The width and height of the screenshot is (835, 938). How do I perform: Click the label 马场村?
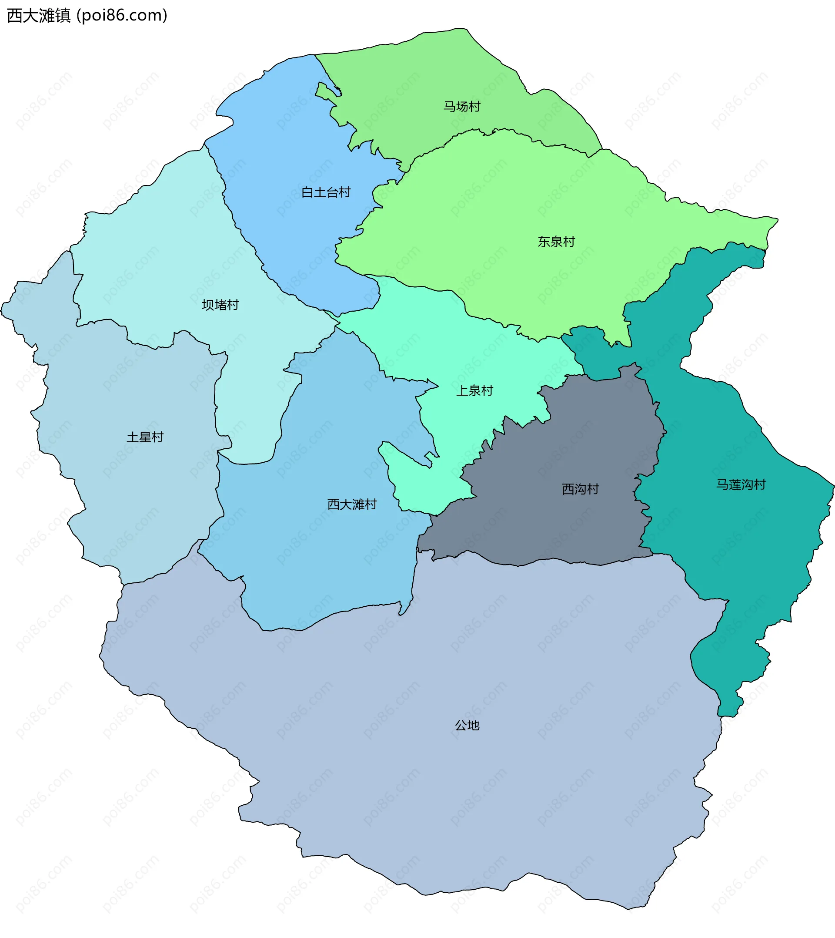(461, 107)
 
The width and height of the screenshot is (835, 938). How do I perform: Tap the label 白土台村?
(326, 192)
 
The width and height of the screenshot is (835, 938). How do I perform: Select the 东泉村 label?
(556, 242)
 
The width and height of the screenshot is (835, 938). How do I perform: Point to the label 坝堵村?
(220, 305)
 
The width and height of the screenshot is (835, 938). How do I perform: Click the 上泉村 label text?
(474, 391)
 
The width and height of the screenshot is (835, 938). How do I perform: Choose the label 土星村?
(145, 437)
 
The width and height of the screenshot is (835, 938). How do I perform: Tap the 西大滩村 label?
(352, 504)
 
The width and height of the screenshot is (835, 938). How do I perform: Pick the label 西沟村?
(581, 489)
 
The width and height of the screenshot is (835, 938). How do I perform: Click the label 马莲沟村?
(741, 484)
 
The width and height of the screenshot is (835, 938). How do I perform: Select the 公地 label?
(467, 726)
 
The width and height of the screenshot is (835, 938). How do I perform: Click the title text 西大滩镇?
(39, 16)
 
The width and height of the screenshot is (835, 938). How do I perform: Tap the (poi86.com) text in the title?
(122, 16)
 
